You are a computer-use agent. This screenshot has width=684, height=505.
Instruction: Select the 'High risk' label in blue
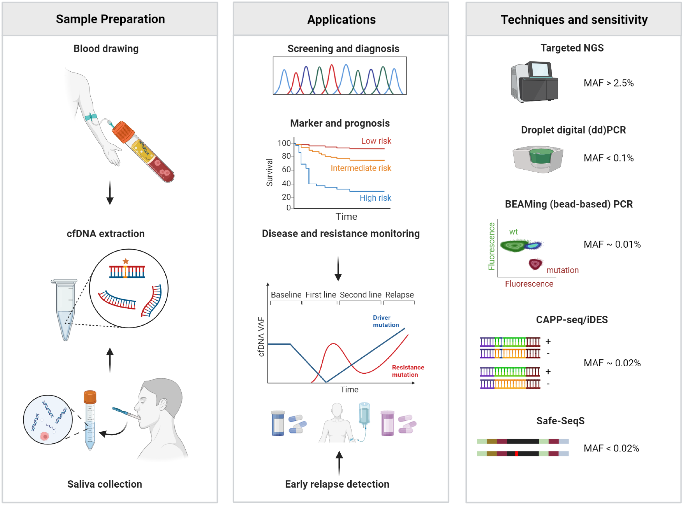[x=375, y=198]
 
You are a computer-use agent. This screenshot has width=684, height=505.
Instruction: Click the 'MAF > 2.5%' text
[x=608, y=83]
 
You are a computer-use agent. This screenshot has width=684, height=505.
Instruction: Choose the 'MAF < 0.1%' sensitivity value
[x=608, y=158]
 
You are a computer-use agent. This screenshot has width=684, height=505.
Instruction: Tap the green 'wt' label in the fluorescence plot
[x=513, y=232]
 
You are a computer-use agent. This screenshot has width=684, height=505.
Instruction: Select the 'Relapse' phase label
[x=399, y=295]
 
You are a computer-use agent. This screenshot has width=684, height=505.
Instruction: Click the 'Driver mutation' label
[x=386, y=321]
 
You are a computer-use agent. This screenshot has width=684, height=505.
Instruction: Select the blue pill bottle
[x=278, y=423]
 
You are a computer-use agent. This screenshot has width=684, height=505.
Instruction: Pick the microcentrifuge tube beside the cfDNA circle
[x=65, y=309]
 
